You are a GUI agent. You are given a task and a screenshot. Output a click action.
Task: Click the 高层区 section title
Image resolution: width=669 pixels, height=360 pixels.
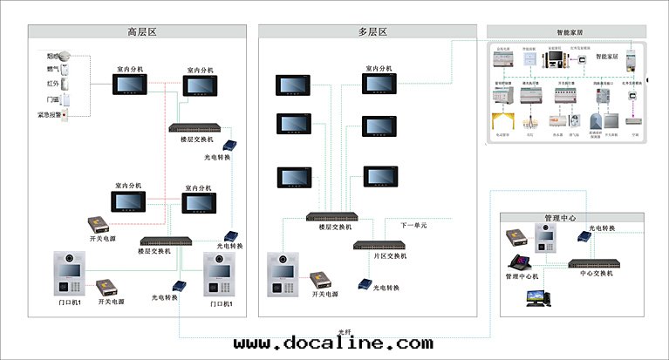[x=141, y=32]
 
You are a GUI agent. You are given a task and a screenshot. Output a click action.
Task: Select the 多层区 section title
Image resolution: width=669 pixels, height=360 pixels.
[x=372, y=32]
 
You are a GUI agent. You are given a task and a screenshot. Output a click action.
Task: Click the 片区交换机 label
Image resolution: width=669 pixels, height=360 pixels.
[x=379, y=255]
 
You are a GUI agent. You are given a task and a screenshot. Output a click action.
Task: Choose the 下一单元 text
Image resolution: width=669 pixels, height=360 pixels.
[x=413, y=225]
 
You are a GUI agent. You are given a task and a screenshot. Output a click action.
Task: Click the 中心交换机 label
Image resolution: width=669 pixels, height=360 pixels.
[x=597, y=274]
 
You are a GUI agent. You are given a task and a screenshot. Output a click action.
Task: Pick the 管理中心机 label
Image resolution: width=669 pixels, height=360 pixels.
[x=523, y=276]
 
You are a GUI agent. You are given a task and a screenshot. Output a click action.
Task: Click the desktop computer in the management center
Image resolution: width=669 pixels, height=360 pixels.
[x=537, y=297]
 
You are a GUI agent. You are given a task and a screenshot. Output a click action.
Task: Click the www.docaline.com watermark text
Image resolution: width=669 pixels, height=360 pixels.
[x=333, y=344]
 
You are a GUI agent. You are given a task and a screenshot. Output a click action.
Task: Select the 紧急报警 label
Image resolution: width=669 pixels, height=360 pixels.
[x=49, y=114]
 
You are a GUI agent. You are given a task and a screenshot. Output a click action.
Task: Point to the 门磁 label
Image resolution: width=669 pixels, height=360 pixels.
[x=53, y=99]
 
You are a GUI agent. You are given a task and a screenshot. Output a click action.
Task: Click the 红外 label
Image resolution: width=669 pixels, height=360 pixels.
[x=53, y=85]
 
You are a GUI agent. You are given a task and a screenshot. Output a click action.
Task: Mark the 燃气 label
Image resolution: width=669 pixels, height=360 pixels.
[x=53, y=70]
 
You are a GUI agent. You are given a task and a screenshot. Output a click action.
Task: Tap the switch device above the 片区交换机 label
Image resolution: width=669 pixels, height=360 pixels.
[x=379, y=245]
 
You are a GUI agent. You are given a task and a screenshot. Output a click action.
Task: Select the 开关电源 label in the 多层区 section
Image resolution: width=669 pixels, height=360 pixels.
[x=325, y=295]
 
